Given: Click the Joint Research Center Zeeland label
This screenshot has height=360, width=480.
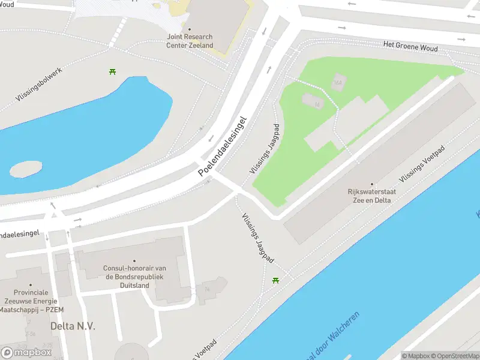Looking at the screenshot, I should tap(190, 41).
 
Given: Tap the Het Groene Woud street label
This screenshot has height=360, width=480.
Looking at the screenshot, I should tap(410, 46).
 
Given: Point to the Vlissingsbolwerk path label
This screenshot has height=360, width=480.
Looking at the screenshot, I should tap(40, 83).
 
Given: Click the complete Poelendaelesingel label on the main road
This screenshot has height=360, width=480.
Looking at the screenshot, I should tap(222, 146).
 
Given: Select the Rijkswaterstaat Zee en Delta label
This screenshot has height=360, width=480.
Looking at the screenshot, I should tap(372, 196).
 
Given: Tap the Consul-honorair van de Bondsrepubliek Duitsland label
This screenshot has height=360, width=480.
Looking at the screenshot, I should tap(134, 277).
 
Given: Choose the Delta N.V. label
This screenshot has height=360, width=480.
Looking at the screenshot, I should tap(73, 326).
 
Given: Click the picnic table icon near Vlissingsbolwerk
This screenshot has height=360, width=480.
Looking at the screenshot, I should tap(112, 72).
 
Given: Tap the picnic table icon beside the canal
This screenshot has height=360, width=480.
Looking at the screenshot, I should tap(276, 280).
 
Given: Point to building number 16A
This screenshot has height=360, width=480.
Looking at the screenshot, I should tap(337, 82).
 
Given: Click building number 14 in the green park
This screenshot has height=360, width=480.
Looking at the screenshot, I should tap(317, 104).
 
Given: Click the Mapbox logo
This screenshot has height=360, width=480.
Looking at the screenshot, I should tap(26, 352).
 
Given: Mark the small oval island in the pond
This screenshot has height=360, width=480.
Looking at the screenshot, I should tap(26, 169).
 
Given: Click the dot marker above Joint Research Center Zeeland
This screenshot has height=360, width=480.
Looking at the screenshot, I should tap(190, 29).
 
